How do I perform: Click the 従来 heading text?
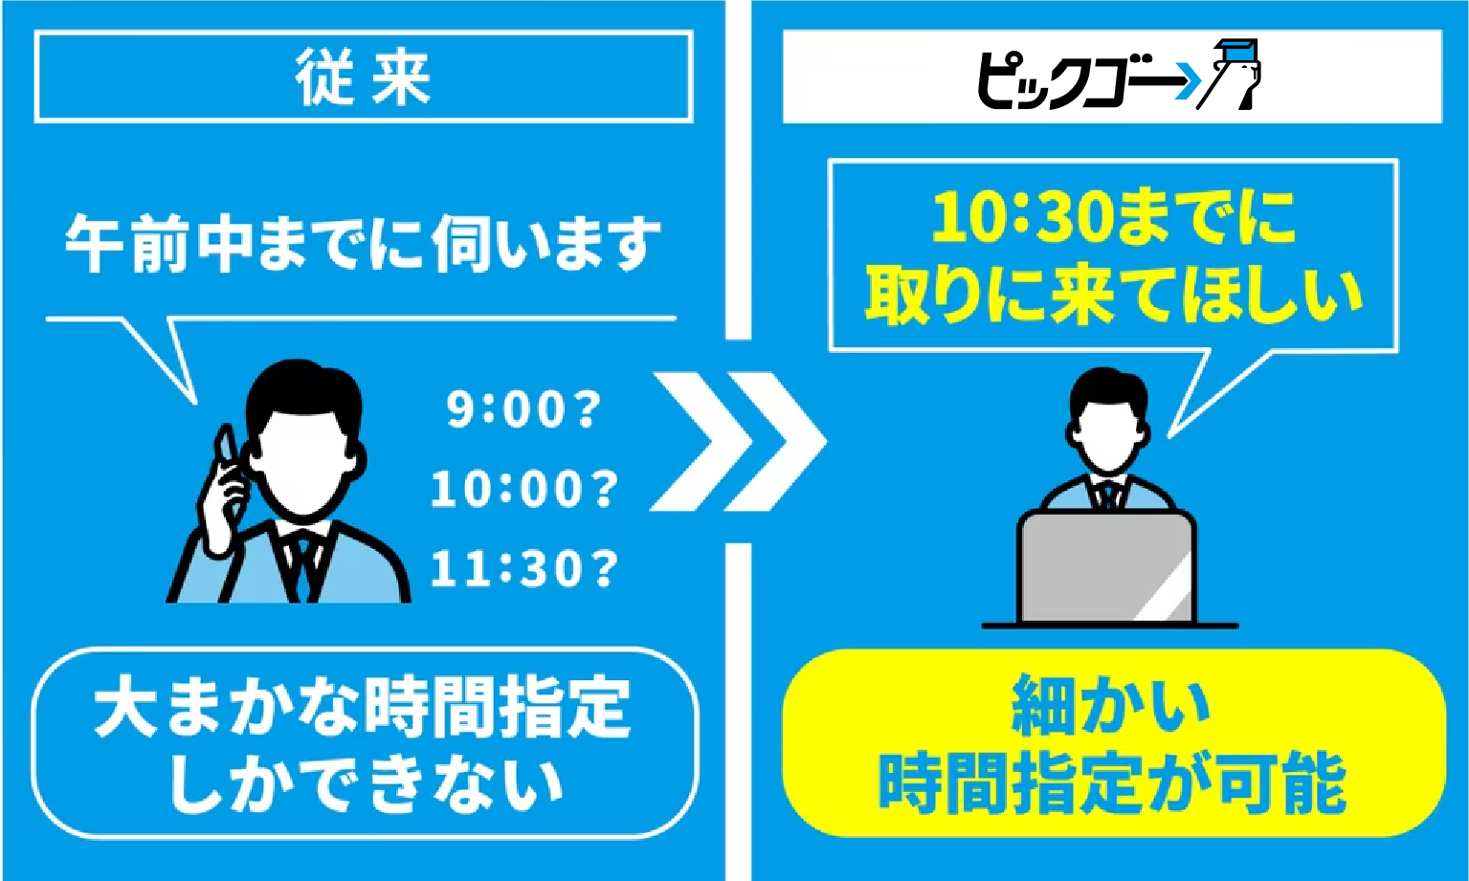click(363, 78)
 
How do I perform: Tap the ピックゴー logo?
click(1118, 75)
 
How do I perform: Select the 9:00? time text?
click(523, 409)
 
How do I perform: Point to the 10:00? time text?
click(523, 489)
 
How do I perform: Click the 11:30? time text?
click(523, 567)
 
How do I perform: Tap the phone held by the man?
click(226, 448)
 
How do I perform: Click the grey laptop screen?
click(1106, 567)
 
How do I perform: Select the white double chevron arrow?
click(738, 441)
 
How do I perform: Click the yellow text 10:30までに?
click(1114, 217)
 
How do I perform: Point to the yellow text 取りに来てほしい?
click(1114, 297)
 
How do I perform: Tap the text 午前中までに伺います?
click(363, 243)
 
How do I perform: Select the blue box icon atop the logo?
click(1236, 51)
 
